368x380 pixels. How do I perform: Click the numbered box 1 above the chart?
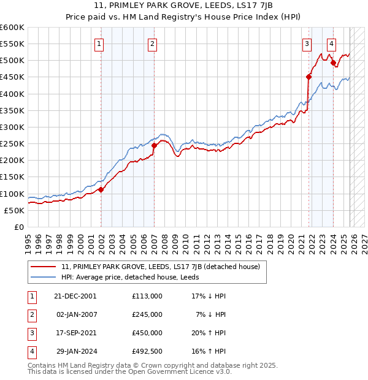coord(99,44)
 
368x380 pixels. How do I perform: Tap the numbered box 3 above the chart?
coord(306,44)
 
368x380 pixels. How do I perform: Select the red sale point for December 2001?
coord(101,189)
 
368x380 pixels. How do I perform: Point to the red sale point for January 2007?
coord(154,146)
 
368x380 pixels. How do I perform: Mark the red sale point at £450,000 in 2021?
coord(309,77)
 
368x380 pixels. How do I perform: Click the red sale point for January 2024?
coord(333,63)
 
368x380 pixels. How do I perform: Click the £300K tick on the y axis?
coord(12,127)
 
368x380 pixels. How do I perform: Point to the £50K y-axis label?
coord(15,210)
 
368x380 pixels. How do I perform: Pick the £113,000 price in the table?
coord(147,295)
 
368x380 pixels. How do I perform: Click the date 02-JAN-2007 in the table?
coord(75,314)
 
